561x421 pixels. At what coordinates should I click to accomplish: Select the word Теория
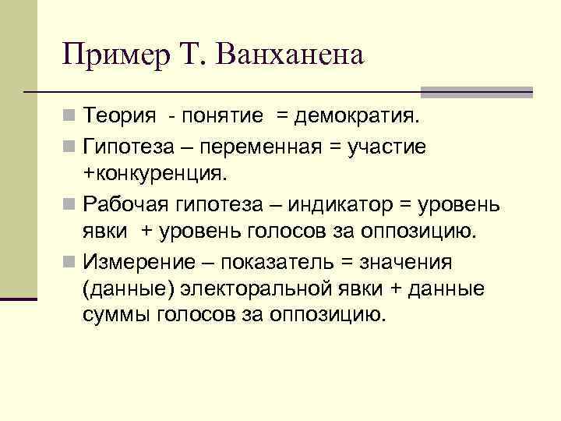click(x=124, y=117)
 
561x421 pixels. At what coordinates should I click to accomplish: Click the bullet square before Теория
click(x=71, y=118)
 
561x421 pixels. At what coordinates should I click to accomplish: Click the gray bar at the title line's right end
click(x=476, y=92)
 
